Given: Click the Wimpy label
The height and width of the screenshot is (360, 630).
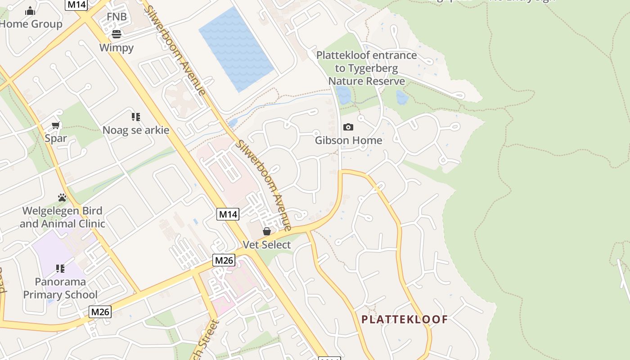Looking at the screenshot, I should (x=117, y=48).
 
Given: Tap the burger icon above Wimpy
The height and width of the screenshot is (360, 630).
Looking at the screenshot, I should (x=117, y=34).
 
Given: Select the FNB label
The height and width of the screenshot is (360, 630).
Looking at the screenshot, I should (x=117, y=17).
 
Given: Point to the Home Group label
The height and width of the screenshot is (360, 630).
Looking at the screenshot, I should (x=31, y=24).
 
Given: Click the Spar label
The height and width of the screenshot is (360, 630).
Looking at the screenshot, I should (x=56, y=139).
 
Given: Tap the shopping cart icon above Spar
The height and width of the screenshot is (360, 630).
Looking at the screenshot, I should (x=56, y=126).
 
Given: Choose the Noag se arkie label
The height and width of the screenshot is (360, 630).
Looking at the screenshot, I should (x=136, y=130).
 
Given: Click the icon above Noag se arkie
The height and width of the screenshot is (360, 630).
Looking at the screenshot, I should (x=136, y=117).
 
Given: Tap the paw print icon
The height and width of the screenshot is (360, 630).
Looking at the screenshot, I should (x=62, y=198).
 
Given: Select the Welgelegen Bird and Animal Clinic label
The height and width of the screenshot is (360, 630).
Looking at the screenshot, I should (x=63, y=217).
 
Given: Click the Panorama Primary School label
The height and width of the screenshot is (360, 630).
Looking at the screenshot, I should (x=60, y=288).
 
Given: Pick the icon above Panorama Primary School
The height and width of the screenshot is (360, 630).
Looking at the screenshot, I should (x=60, y=269).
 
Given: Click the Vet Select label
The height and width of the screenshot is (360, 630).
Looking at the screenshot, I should (x=267, y=245).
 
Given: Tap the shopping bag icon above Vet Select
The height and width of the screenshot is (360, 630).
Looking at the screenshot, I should (x=267, y=231).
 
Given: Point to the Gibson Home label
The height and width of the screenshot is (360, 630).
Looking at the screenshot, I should (x=348, y=140).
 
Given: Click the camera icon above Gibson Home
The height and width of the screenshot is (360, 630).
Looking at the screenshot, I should (x=348, y=127).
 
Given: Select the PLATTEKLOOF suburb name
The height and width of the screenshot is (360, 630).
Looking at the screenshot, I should (x=405, y=319).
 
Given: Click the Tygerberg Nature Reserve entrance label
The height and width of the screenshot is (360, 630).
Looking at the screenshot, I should (x=367, y=68).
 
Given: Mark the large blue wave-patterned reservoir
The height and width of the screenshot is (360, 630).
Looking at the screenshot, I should (x=236, y=49).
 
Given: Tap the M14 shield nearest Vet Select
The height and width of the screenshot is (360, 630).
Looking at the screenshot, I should (x=228, y=214).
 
